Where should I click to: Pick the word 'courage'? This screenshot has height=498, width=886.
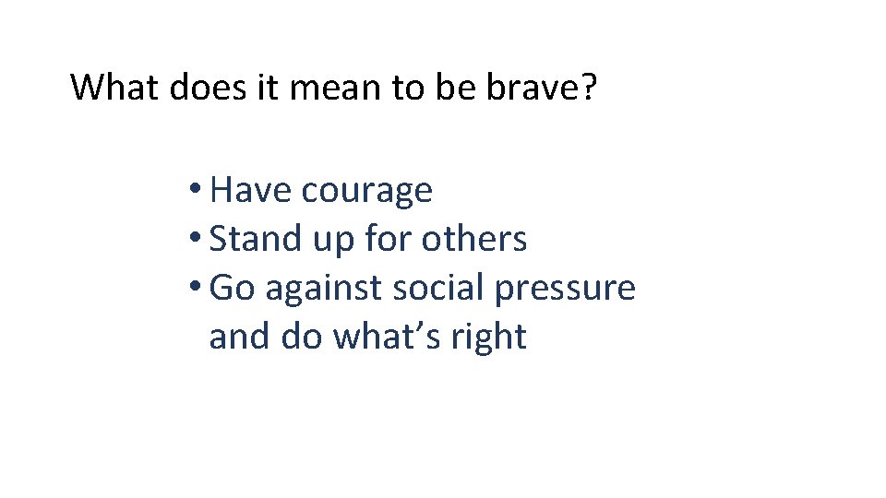point(366,192)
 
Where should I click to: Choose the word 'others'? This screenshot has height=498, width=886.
point(474,239)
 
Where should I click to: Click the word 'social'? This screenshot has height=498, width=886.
point(439,288)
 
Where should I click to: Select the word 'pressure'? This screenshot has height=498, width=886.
point(566,290)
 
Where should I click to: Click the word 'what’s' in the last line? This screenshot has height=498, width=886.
point(385,337)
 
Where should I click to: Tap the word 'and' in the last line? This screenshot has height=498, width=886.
point(240,337)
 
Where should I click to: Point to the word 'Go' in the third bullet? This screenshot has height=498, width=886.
point(232,288)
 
